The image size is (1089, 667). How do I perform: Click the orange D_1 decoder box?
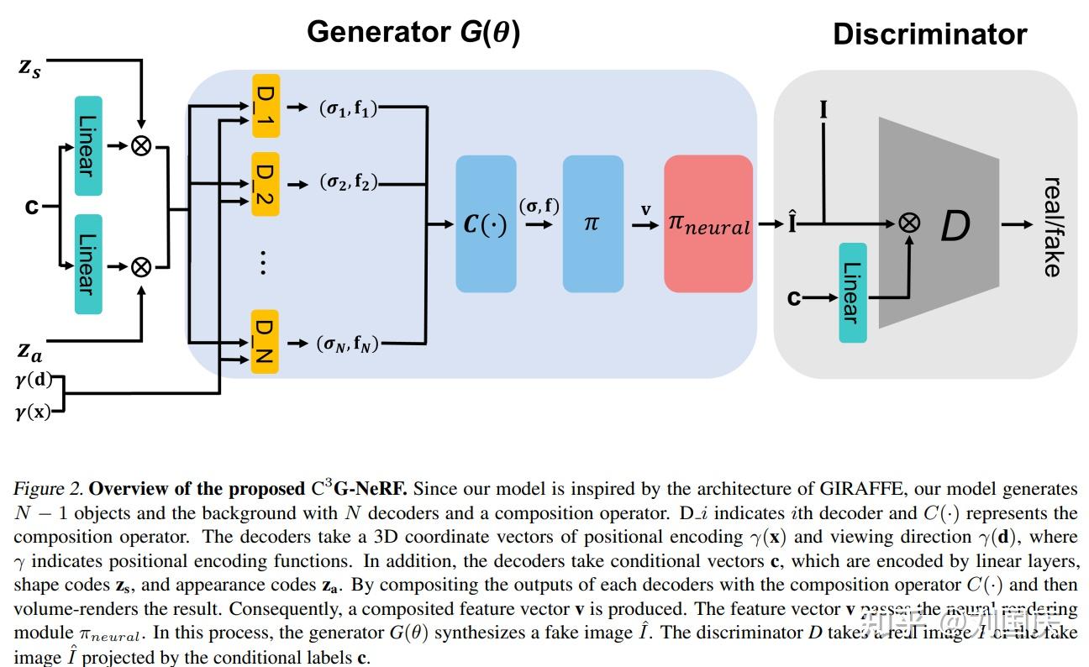(x=265, y=107)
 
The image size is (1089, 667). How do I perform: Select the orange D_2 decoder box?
(x=265, y=183)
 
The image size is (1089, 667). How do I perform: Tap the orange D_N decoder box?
(x=265, y=342)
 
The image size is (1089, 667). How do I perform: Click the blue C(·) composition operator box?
(x=486, y=224)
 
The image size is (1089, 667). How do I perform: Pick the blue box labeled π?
(x=592, y=224)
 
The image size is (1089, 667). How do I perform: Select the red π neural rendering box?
(x=708, y=224)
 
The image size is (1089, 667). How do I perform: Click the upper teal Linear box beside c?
(x=87, y=145)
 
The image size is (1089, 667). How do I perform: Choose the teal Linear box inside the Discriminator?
(x=852, y=292)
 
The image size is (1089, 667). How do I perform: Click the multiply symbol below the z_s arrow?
(x=141, y=145)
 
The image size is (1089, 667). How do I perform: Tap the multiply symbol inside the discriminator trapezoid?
(x=908, y=223)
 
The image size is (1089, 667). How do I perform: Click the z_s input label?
(x=29, y=66)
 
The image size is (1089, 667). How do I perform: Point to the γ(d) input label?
(x=33, y=380)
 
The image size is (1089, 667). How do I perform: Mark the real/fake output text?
(x=1051, y=226)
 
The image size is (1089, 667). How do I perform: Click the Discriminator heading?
(x=929, y=34)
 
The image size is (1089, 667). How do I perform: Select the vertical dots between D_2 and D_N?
(x=263, y=263)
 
